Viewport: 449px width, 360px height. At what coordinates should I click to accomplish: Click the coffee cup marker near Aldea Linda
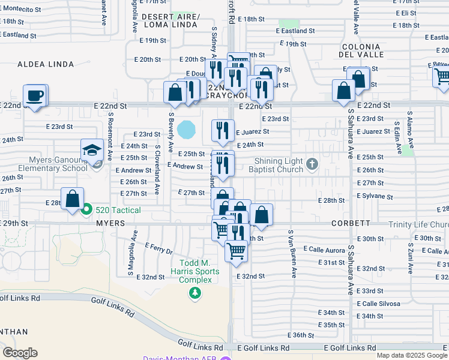click(x=35, y=95)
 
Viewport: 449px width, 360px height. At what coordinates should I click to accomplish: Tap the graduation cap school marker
click(x=92, y=150)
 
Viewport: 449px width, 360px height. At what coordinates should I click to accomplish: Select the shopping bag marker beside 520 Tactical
click(x=72, y=199)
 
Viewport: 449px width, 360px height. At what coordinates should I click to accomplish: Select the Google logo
click(x=20, y=353)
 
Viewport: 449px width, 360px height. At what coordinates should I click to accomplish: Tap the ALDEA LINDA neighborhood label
click(x=46, y=64)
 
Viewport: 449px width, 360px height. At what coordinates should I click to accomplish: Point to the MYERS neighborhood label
click(x=109, y=223)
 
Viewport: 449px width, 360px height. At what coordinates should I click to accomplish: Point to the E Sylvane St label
click(x=374, y=196)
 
